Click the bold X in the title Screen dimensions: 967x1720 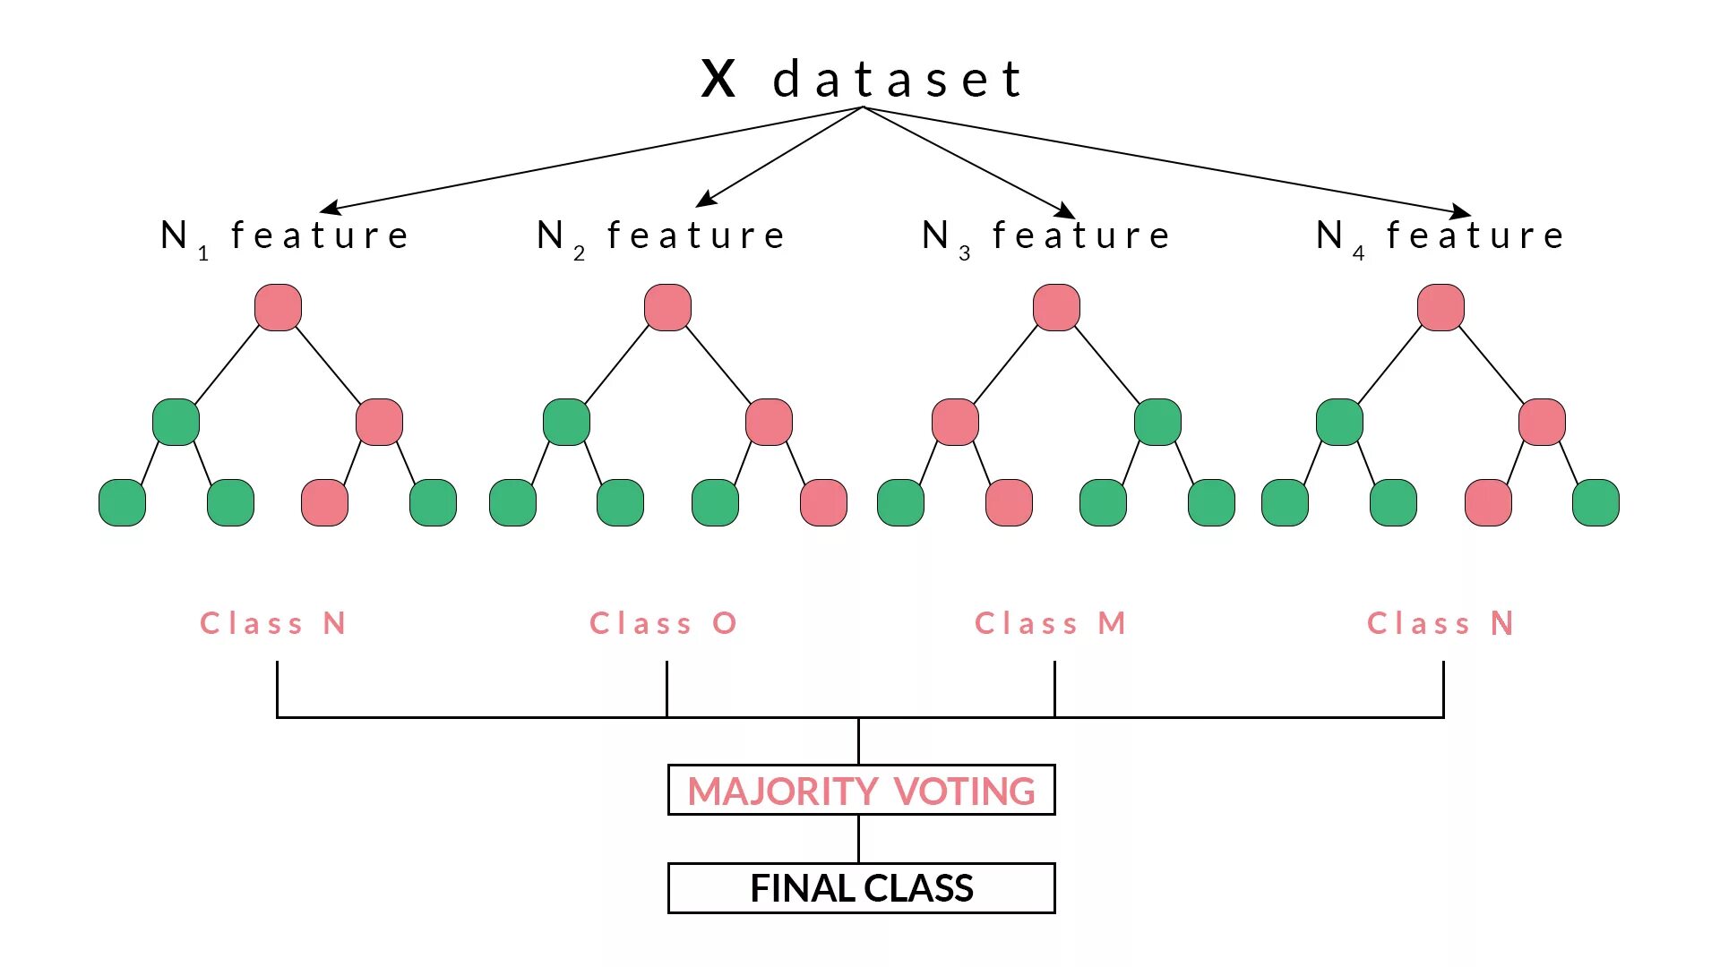pyautogui.click(x=718, y=79)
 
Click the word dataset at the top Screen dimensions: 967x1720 pyautogui.click(x=897, y=80)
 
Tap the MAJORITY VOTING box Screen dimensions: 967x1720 pyautogui.click(x=861, y=791)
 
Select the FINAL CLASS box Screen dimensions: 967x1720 pyautogui.click(x=861, y=888)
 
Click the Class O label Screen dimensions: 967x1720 pyautogui.click(x=663, y=623)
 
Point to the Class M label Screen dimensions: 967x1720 pyautogui.click(x=1050, y=623)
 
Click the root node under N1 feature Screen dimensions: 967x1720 pyautogui.click(x=278, y=308)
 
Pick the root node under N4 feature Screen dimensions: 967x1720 pyautogui.click(x=1440, y=308)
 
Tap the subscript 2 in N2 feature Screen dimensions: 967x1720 pyautogui.click(x=580, y=254)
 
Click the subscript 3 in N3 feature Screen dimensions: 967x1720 pyautogui.click(x=965, y=254)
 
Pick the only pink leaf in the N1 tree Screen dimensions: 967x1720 pyautogui.click(x=324, y=502)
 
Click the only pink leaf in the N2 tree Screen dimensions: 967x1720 pyautogui.click(x=823, y=502)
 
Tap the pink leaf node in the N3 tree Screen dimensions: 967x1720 pyautogui.click(x=1009, y=502)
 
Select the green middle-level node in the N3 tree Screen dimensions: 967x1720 pyautogui.click(x=1157, y=422)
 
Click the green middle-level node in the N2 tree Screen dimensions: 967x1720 pyautogui.click(x=566, y=422)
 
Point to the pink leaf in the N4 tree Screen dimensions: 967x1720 pyautogui.click(x=1488, y=502)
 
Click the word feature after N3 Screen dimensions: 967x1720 pyautogui.click(x=1081, y=235)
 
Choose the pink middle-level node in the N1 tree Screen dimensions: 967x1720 pyautogui.click(x=379, y=422)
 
